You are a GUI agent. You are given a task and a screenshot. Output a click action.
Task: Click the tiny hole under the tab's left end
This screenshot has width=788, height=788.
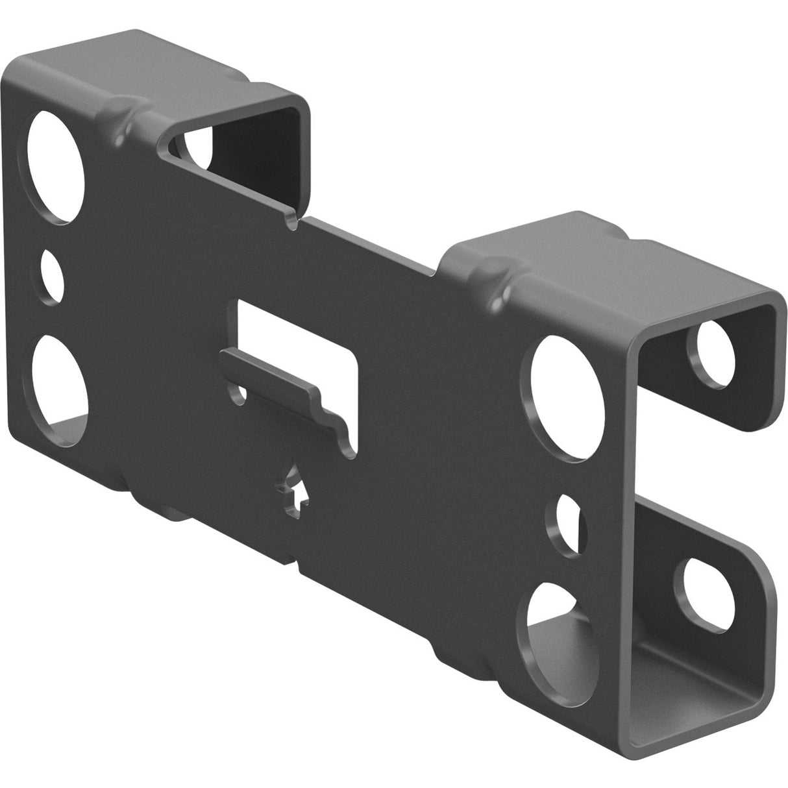click(x=242, y=393)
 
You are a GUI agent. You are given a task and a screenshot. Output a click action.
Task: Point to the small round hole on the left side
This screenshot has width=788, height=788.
click(x=52, y=276)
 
